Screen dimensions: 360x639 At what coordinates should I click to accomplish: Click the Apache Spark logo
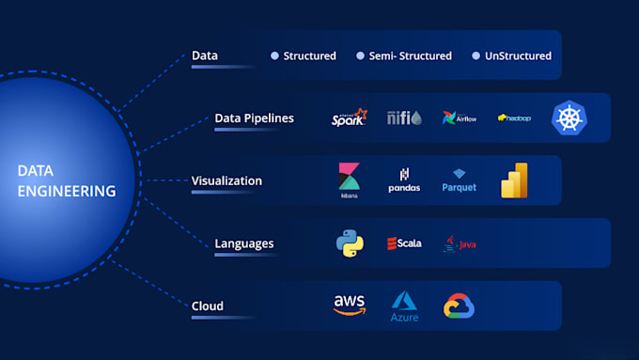349,118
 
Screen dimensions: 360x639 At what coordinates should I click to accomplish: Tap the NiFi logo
404,117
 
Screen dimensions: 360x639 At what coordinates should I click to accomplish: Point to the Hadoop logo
514,118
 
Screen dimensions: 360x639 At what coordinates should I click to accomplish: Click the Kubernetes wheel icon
569,118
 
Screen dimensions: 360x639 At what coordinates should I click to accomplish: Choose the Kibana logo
350,180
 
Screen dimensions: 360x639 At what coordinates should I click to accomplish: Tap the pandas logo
404,180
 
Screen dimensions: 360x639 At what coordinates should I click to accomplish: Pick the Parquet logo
460,181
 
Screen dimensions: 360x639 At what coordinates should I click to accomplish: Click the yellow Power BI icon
514,180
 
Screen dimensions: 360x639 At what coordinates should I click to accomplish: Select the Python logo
350,243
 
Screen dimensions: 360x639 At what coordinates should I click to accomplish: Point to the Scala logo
404,243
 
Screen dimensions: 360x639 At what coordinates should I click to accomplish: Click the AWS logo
350,305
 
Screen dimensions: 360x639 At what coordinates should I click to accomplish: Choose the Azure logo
404,306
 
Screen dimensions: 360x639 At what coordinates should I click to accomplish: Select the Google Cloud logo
460,306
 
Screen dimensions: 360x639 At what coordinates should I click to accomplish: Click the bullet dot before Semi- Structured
360,55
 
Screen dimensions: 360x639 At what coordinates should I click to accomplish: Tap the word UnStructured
518,55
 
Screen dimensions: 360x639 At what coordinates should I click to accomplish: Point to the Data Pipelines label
254,118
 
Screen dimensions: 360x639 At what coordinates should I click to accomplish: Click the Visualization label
226,180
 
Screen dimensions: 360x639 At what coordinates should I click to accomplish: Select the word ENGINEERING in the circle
66,191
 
